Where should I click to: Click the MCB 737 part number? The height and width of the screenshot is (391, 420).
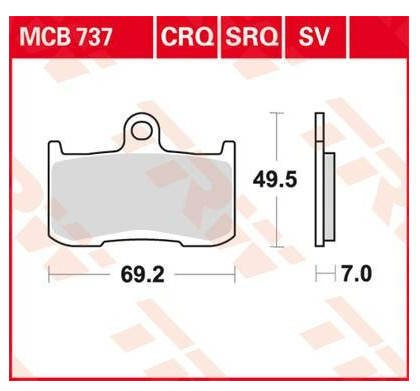tap(66, 37)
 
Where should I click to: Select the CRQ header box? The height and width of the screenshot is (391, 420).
tap(187, 37)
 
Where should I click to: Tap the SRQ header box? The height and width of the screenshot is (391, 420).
tap(251, 37)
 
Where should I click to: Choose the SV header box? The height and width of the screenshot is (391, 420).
tap(315, 37)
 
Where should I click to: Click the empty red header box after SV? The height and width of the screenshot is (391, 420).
tap(379, 37)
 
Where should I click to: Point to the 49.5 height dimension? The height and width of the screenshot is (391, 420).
tap(275, 180)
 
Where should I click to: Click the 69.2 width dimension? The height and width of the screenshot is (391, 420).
tap(142, 275)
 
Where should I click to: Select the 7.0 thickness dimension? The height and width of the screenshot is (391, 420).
tap(357, 274)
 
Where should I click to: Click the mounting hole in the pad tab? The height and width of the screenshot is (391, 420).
tap(142, 131)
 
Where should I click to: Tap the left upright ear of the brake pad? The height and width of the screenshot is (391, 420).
tap(56, 148)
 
